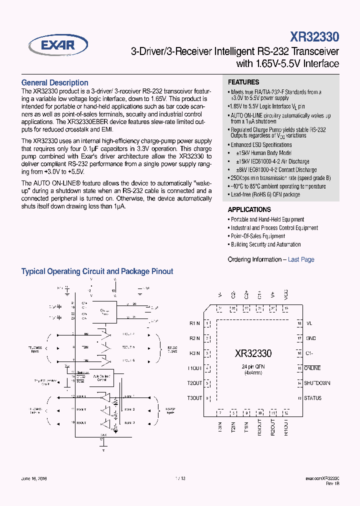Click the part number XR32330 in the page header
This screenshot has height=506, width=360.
pyautogui.click(x=314, y=37)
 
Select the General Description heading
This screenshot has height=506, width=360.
pyautogui.click(x=54, y=83)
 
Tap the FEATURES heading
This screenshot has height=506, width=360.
pyautogui.click(x=243, y=82)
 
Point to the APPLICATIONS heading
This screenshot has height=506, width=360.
pyautogui.click(x=249, y=209)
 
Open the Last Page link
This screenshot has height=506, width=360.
pyautogui.click(x=301, y=259)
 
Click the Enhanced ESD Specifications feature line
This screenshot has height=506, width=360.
pyautogui.click(x=261, y=145)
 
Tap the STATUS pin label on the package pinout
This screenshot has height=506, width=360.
pyautogui.click(x=313, y=398)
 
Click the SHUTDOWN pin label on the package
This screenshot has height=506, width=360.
pyautogui.click(x=317, y=383)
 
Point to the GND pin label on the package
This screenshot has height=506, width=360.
pyautogui.click(x=310, y=338)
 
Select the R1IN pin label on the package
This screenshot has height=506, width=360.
pyautogui.click(x=194, y=323)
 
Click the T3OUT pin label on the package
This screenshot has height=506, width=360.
pyautogui.click(x=195, y=398)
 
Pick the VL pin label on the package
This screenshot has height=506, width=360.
pyautogui.click(x=309, y=323)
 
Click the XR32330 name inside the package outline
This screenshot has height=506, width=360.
pyautogui.click(x=253, y=353)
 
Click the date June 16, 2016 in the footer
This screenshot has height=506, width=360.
pyautogui.click(x=34, y=478)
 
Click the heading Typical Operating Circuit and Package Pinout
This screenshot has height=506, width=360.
pyautogui.click(x=97, y=271)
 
